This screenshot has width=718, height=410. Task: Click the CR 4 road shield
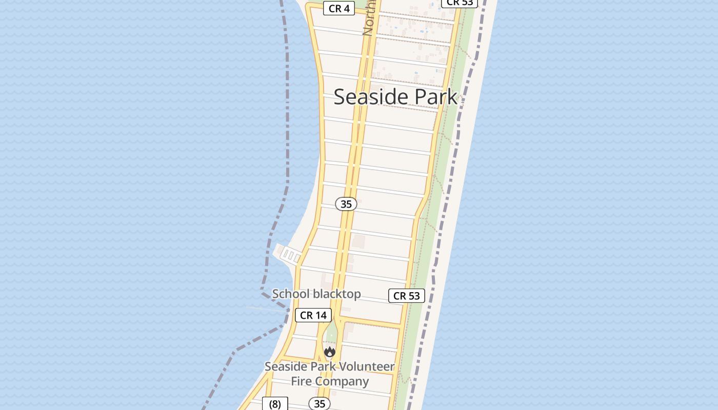point(339,8)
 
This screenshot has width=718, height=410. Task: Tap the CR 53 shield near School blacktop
point(407,296)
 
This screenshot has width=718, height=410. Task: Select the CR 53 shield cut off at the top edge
point(460,3)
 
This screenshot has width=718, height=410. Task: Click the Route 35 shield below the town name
point(346,204)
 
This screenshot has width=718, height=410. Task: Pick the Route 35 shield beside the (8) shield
point(320,404)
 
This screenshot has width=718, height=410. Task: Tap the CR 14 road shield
point(313,315)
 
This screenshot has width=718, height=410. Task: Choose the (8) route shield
point(275,404)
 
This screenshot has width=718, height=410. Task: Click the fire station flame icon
point(329,352)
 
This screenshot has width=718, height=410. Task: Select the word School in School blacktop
point(291,294)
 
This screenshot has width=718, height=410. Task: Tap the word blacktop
point(337,294)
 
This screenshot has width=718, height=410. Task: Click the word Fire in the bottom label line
point(301,381)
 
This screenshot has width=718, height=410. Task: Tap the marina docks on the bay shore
point(288,254)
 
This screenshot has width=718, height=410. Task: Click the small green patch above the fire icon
point(331,333)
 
